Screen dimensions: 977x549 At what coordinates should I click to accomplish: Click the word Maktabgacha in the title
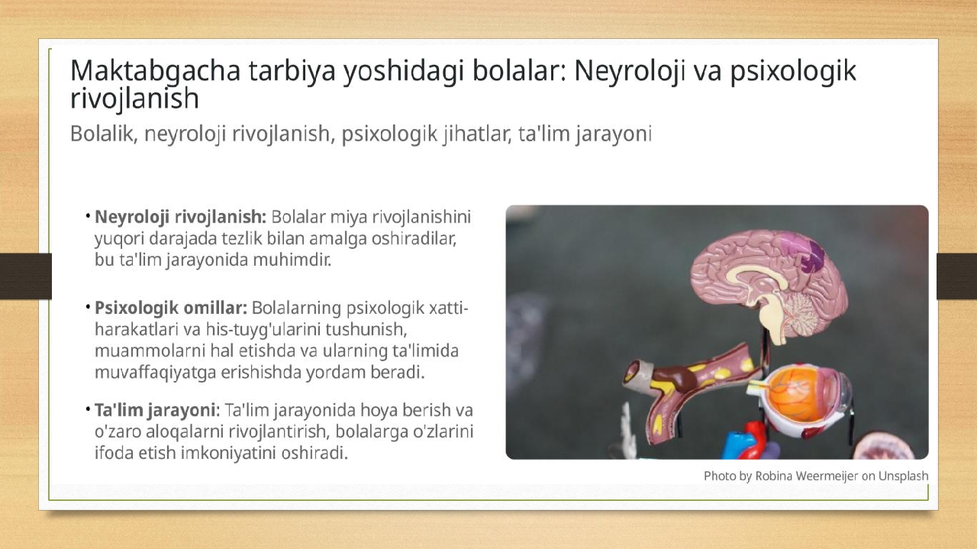155,72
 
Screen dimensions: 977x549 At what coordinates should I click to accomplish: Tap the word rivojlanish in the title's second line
134,98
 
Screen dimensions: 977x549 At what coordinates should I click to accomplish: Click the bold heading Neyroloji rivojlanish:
180,218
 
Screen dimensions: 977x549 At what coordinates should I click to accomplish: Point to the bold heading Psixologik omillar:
171,308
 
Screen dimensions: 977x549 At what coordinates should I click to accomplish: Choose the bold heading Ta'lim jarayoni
155,410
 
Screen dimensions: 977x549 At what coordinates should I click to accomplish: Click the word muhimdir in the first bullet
292,260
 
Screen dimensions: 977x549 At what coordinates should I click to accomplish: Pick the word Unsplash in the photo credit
903,476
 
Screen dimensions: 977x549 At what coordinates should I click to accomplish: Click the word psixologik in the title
793,72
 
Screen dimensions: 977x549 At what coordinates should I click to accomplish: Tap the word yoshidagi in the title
404,72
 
